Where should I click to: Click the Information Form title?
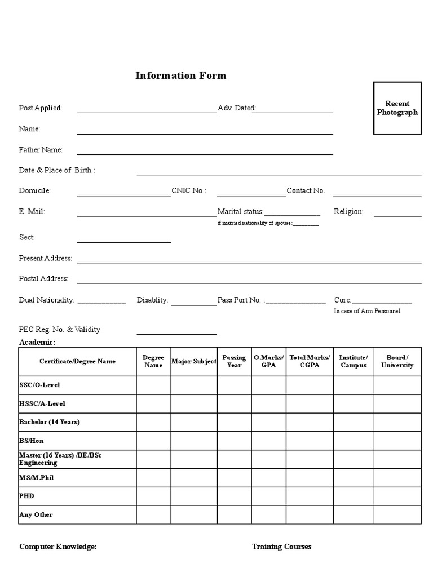pyautogui.click(x=180, y=76)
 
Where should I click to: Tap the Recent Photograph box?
pyautogui.click(x=397, y=108)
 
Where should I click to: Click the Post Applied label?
pyautogui.click(x=41, y=108)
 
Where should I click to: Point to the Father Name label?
pyautogui.click(x=41, y=150)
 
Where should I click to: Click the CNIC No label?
pyautogui.click(x=189, y=191)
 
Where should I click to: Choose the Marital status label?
pyautogui.click(x=240, y=212)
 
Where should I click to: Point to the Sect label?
pyautogui.click(x=27, y=237)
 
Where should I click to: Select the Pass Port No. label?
pyautogui.click(x=239, y=300)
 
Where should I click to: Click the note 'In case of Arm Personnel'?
pyautogui.click(x=367, y=312)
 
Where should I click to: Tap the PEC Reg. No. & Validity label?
pyautogui.click(x=60, y=330)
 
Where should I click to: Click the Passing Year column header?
pyautogui.click(x=234, y=361)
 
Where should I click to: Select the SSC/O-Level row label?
pyautogui.click(x=39, y=385)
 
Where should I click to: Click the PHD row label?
pyautogui.click(x=27, y=496)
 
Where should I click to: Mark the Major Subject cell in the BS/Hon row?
pyautogui.click(x=194, y=441)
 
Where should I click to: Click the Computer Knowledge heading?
pyautogui.click(x=58, y=547)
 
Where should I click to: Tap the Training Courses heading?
pyautogui.click(x=281, y=547)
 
